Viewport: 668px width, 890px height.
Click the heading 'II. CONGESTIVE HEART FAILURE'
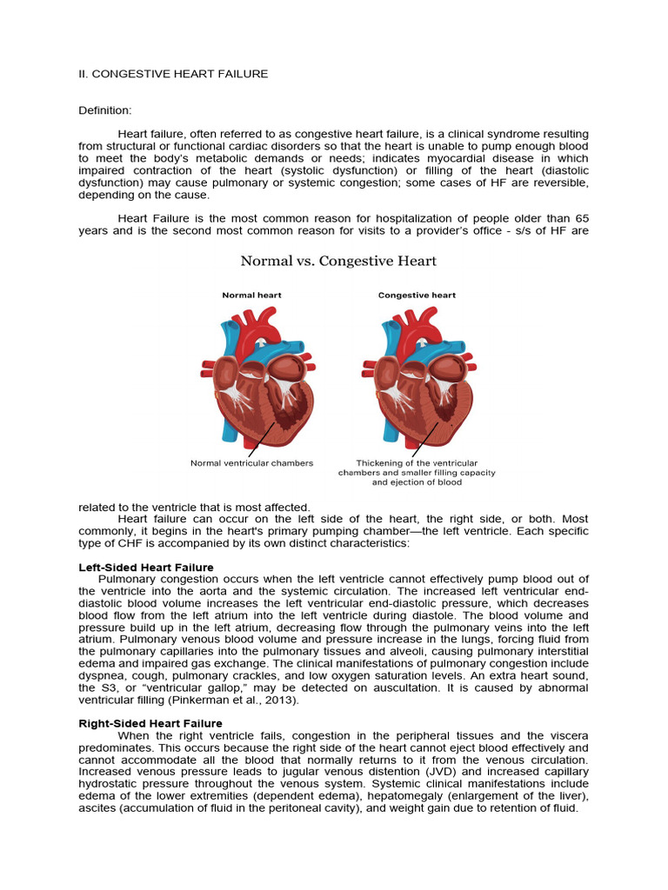[x=173, y=74]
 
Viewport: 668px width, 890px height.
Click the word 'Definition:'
[x=105, y=110]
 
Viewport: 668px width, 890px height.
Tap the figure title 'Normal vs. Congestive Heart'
[x=338, y=261]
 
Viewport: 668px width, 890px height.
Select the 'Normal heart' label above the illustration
[x=251, y=296]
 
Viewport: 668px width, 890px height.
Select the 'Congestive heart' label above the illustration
[x=417, y=296]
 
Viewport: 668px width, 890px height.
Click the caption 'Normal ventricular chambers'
[x=251, y=463]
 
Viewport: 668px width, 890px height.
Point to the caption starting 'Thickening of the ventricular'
[x=417, y=463]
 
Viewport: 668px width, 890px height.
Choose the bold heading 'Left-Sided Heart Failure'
[x=146, y=568]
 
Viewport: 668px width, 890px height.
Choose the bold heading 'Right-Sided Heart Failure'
[x=150, y=723]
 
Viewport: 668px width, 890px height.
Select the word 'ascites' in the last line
[x=97, y=807]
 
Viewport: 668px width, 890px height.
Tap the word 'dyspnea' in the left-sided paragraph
[x=101, y=676]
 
